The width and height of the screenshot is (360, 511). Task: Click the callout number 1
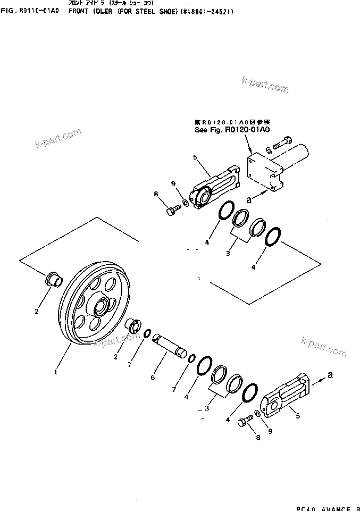[x=55, y=372]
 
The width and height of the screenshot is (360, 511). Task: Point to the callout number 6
[x=152, y=377]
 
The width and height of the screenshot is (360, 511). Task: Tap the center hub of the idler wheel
[x=101, y=307]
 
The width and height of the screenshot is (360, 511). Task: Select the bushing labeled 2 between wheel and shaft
[x=132, y=324]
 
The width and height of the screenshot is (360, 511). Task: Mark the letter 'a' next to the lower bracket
[x=331, y=375]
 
